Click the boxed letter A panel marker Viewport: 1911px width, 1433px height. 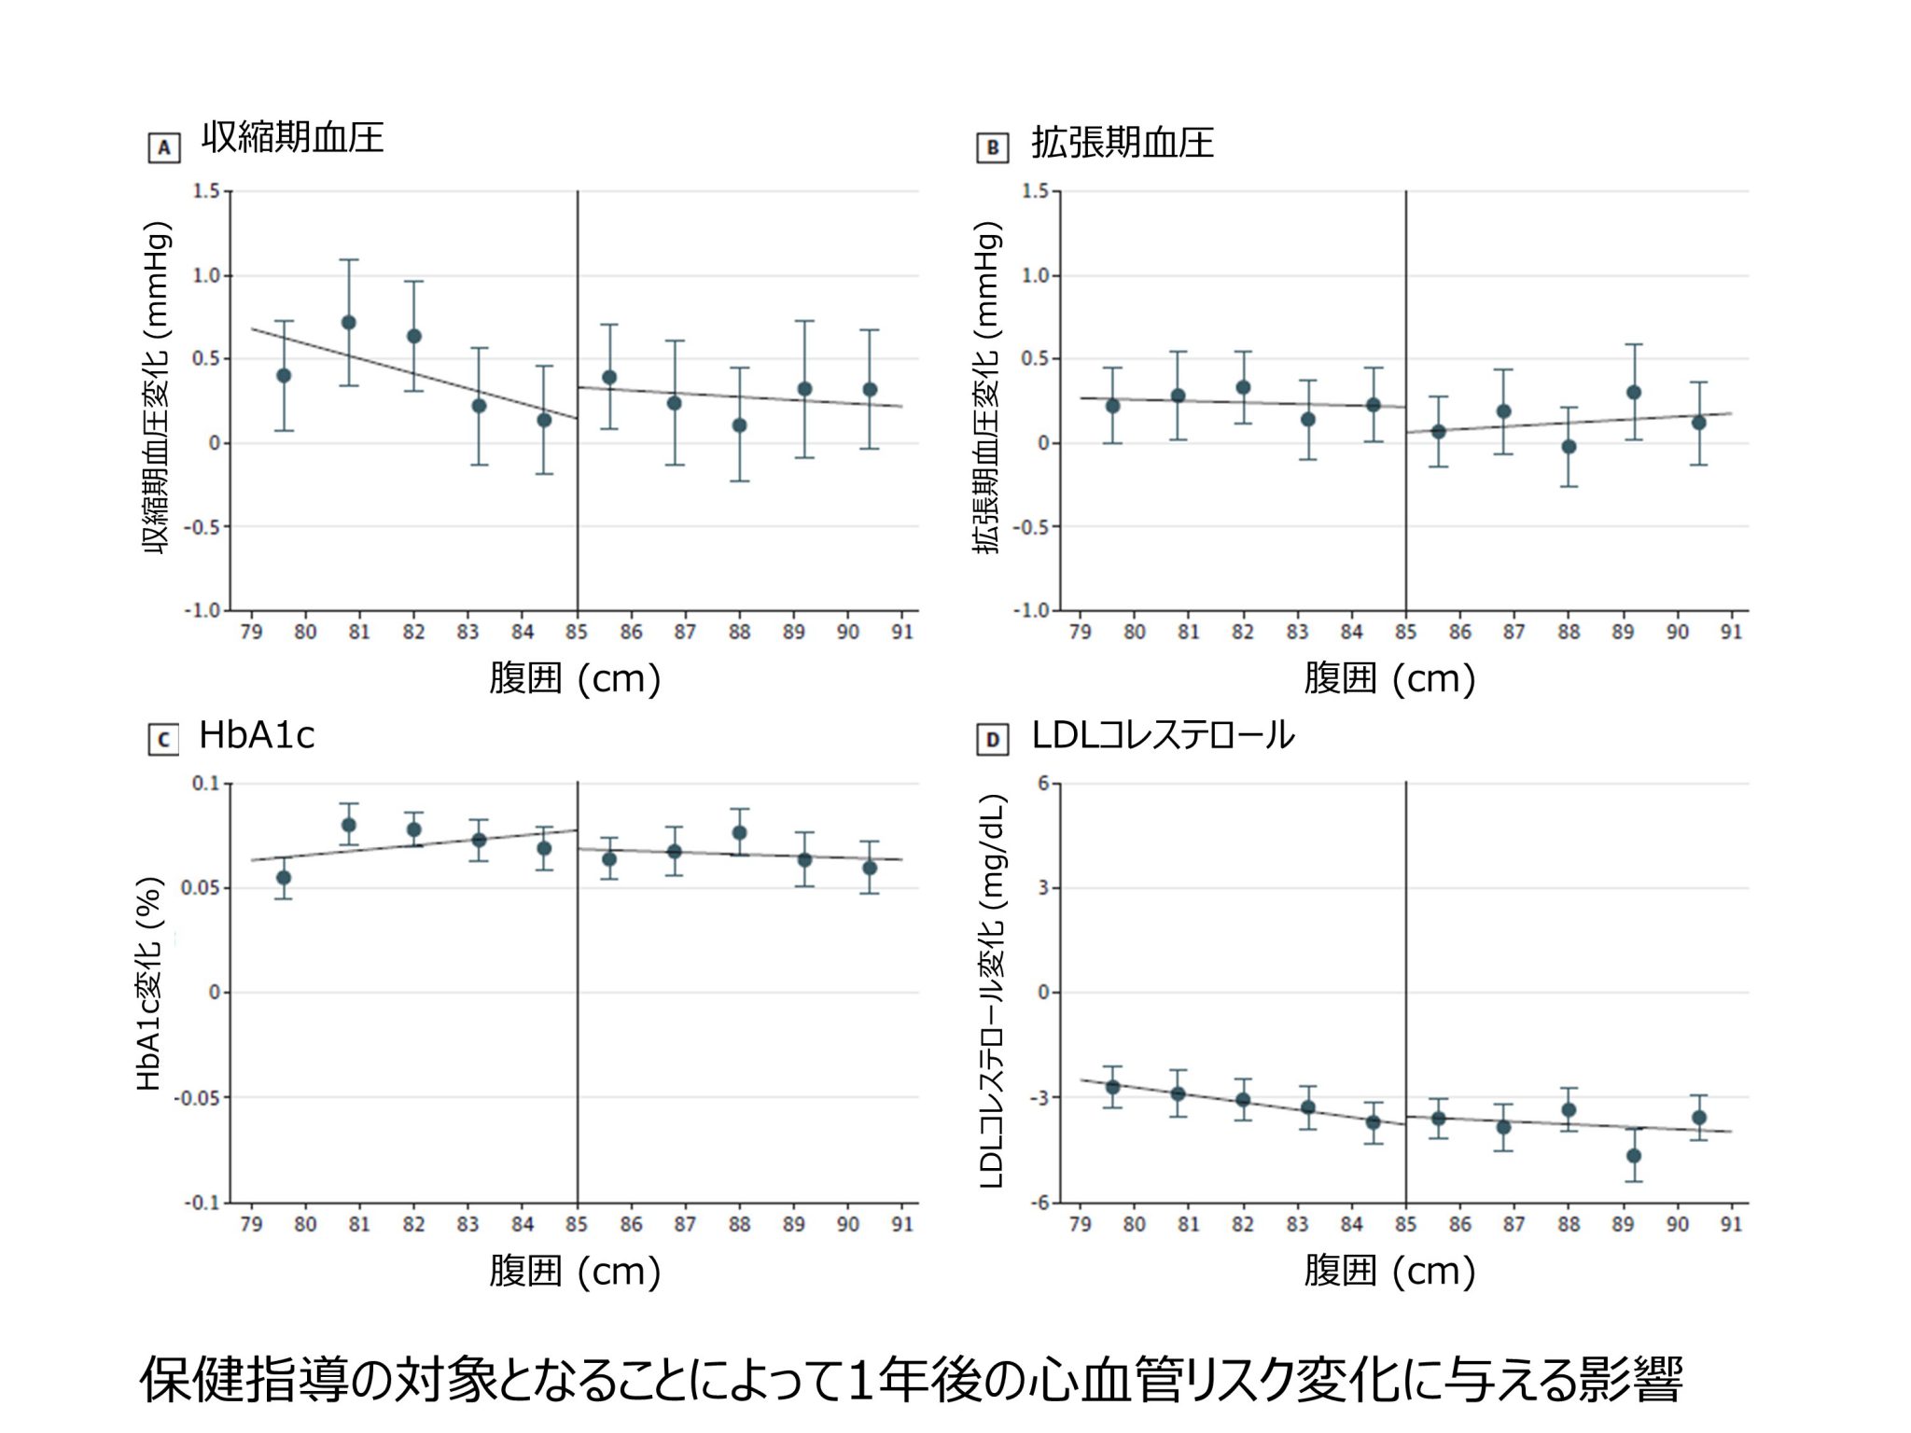tap(164, 148)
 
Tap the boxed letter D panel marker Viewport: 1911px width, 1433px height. tap(992, 740)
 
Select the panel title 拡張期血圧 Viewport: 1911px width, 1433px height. tap(1122, 143)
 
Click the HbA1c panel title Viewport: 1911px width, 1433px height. tap(257, 736)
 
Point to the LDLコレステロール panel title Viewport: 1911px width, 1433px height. tap(1163, 736)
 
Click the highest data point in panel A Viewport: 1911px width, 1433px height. tap(349, 323)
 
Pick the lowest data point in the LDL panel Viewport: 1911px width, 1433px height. tap(1633, 1156)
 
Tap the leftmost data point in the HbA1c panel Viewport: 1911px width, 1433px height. tap(284, 878)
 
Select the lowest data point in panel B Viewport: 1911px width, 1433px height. tap(1569, 447)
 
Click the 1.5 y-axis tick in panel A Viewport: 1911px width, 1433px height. tap(206, 191)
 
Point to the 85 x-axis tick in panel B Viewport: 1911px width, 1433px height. tap(1405, 633)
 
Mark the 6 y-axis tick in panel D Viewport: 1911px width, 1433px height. tap(1043, 784)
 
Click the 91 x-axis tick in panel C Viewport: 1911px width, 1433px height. tap(902, 1224)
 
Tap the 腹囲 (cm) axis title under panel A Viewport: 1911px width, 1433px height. tap(575, 678)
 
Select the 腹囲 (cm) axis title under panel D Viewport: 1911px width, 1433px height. tap(1389, 1271)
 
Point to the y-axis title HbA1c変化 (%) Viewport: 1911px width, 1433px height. tap(149, 984)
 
